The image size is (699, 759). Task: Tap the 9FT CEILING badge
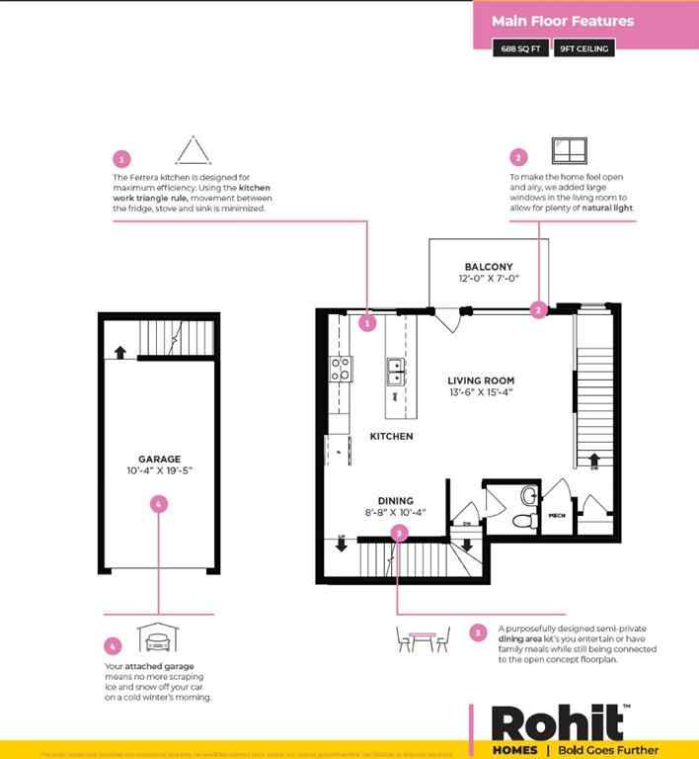(583, 47)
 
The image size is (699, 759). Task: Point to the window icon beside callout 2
(570, 151)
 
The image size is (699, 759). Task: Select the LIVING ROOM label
(480, 380)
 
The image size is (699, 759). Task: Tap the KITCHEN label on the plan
(391, 436)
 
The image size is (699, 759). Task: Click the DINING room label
(395, 501)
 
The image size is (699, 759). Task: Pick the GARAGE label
(159, 460)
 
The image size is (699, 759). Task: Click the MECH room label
(556, 517)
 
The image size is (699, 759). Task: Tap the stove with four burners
(341, 370)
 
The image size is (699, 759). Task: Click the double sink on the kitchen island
(395, 371)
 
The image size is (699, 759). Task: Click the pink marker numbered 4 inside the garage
(159, 504)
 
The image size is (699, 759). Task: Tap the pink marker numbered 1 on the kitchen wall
(366, 322)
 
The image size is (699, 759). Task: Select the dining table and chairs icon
(423, 637)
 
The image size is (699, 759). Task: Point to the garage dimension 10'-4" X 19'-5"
(159, 471)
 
